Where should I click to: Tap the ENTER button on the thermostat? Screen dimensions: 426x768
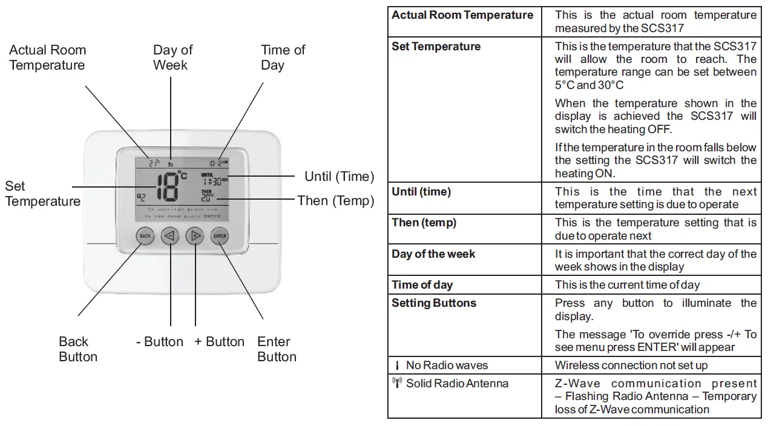[x=220, y=236]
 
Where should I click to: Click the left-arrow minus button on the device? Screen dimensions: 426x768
[x=170, y=236]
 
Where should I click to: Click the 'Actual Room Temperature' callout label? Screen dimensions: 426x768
[x=47, y=57]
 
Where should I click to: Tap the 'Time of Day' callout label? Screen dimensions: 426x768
[x=283, y=57]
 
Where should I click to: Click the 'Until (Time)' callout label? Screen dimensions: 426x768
[x=339, y=177]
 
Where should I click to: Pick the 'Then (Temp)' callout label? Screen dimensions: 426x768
[x=335, y=200]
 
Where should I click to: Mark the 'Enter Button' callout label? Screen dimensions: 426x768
[x=277, y=349]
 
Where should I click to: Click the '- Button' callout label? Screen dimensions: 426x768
[x=160, y=342]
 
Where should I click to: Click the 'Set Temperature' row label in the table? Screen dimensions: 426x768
[x=436, y=47]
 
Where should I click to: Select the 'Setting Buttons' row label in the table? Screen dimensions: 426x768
[x=434, y=303]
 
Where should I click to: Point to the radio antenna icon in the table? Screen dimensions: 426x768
[x=397, y=383]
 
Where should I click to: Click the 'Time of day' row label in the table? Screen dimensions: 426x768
[x=422, y=285]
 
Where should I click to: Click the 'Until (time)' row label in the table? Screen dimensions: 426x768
[x=421, y=192]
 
